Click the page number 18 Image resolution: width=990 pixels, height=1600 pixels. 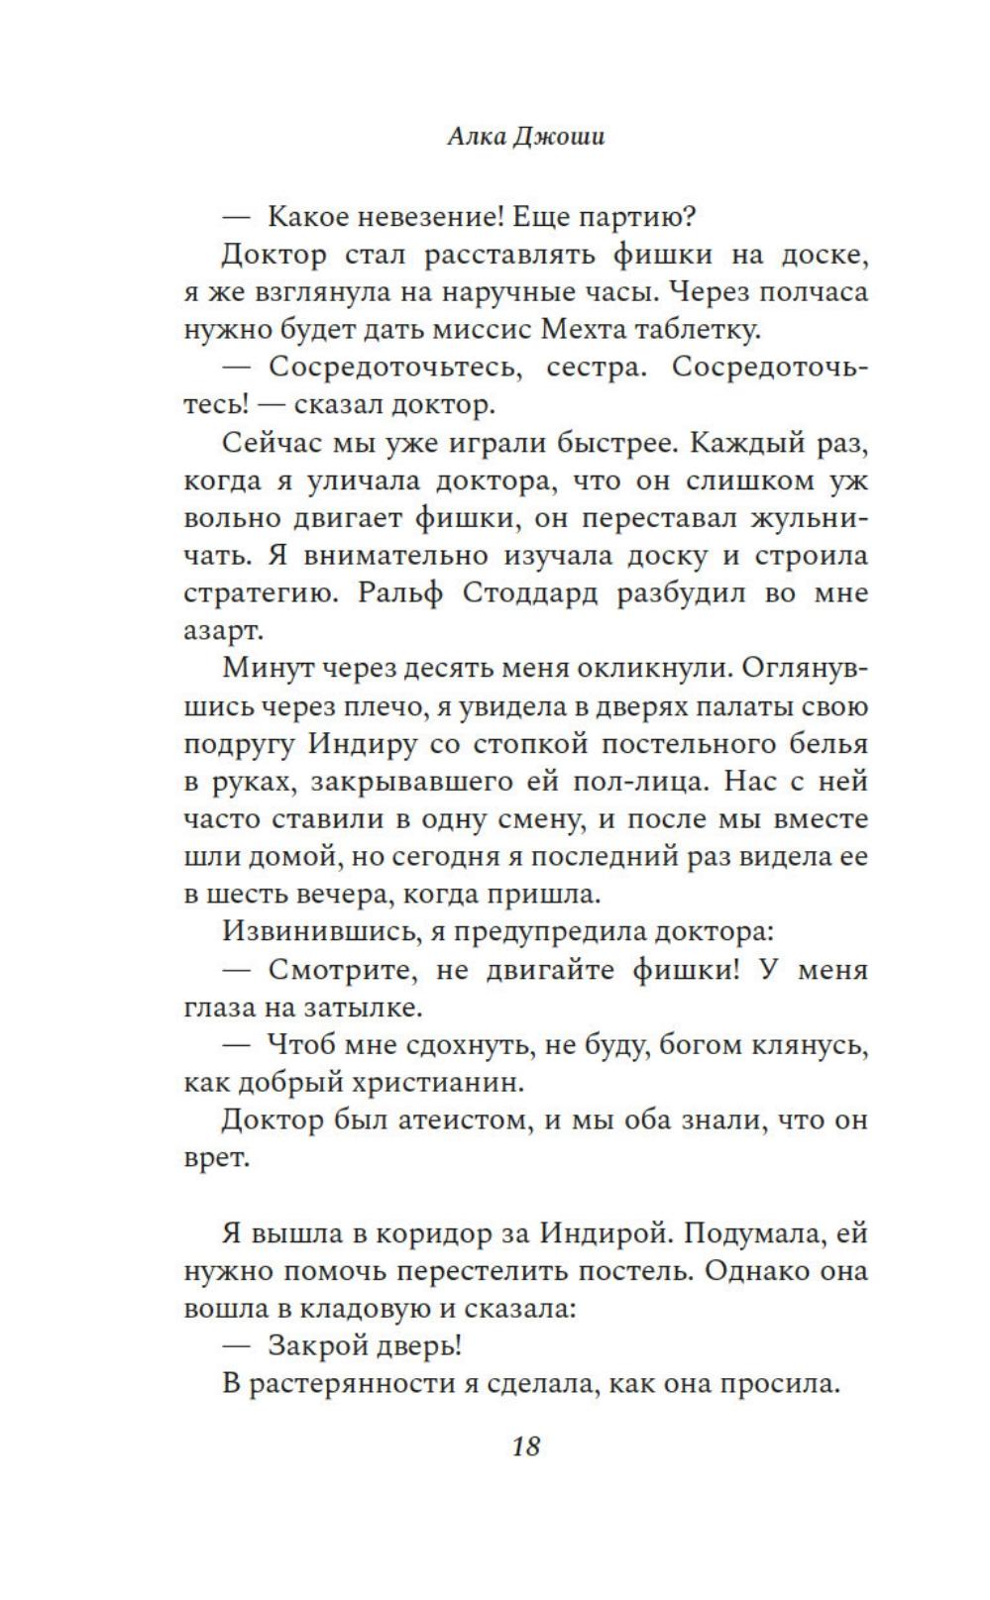[x=525, y=1446]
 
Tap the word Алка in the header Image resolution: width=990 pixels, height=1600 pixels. [x=476, y=137]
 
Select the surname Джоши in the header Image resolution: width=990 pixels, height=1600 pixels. [x=559, y=137]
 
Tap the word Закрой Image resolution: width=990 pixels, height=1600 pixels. [x=317, y=1346]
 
